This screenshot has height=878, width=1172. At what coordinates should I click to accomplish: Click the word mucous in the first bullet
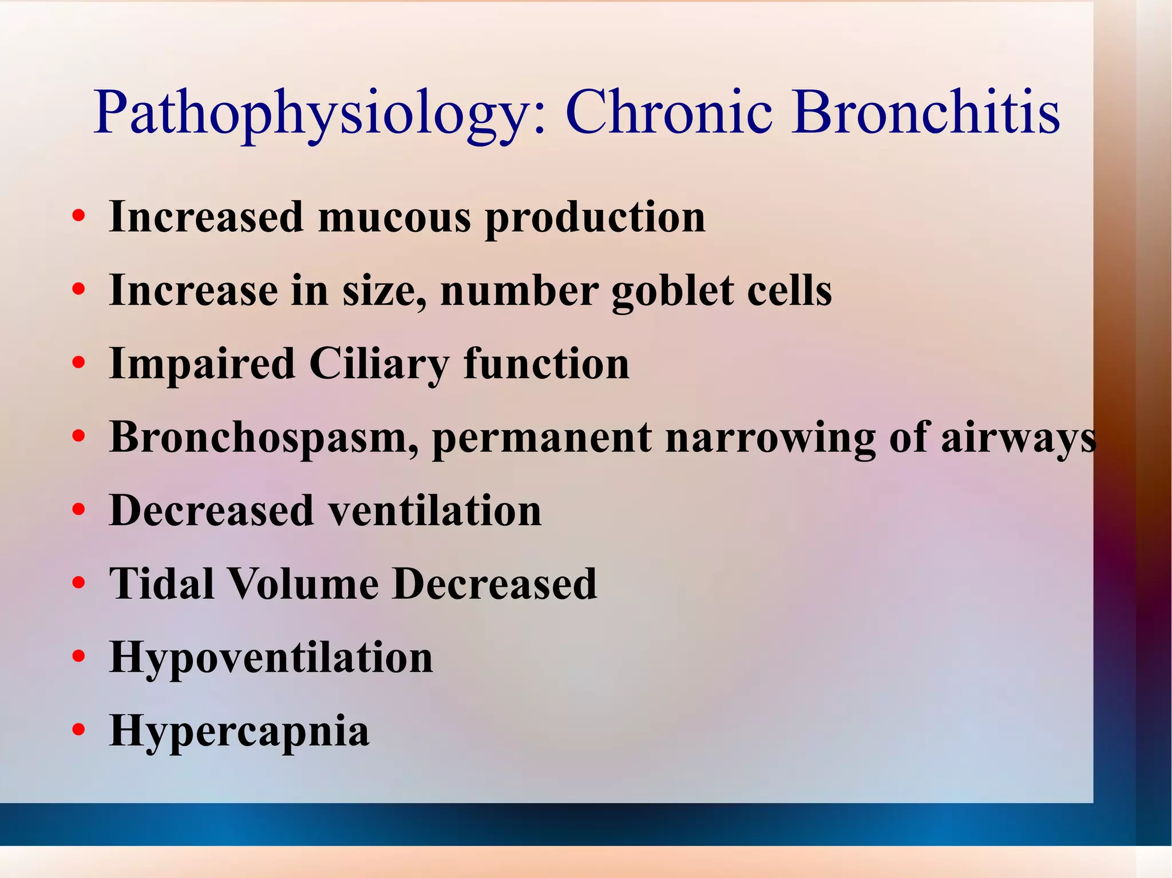[x=395, y=217]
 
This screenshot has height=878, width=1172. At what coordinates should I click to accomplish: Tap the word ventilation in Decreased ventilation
[x=435, y=510]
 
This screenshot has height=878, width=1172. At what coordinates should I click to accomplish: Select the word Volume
[x=303, y=583]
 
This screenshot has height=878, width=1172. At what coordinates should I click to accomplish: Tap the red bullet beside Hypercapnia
[x=79, y=730]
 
